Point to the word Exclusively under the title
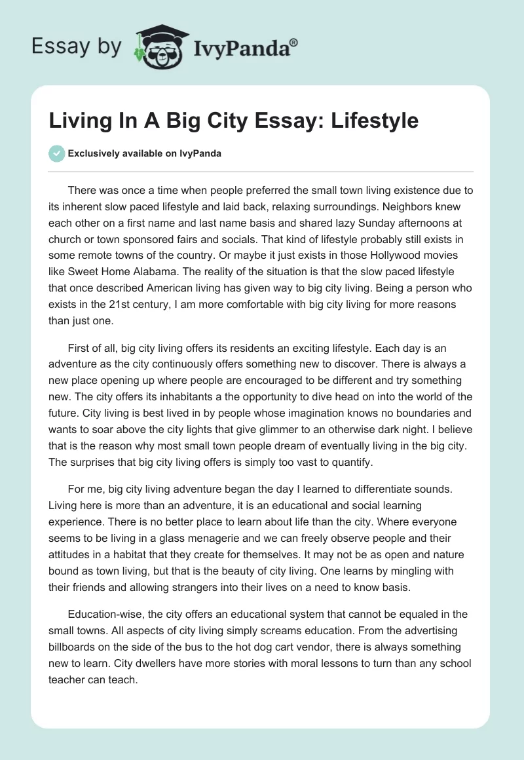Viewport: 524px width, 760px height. click(x=93, y=153)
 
